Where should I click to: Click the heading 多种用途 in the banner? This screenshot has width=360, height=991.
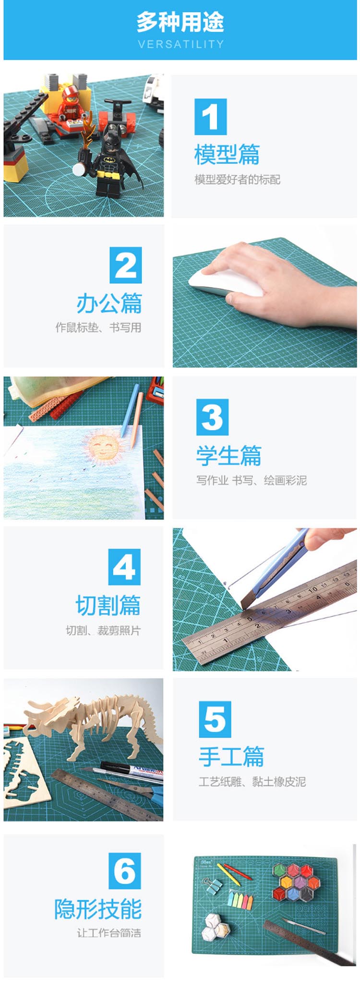180,22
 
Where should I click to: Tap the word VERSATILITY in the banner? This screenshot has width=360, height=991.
180,44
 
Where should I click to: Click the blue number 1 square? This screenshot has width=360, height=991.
210,117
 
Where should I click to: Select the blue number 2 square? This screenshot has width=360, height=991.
126,265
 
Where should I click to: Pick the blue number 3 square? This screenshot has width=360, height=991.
212,417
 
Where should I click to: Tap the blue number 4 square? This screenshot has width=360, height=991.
124,567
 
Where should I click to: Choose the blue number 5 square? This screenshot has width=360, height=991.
215,719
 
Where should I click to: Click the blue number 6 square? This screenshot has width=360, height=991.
125,871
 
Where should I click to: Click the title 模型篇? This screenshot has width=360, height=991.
227,155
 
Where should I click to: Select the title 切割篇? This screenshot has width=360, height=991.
108,605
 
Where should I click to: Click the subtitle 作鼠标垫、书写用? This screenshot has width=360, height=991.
98,327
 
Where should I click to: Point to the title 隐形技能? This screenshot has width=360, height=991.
98,909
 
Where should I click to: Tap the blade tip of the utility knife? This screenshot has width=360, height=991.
241,607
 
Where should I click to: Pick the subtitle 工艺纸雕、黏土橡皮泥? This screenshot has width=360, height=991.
252,782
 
